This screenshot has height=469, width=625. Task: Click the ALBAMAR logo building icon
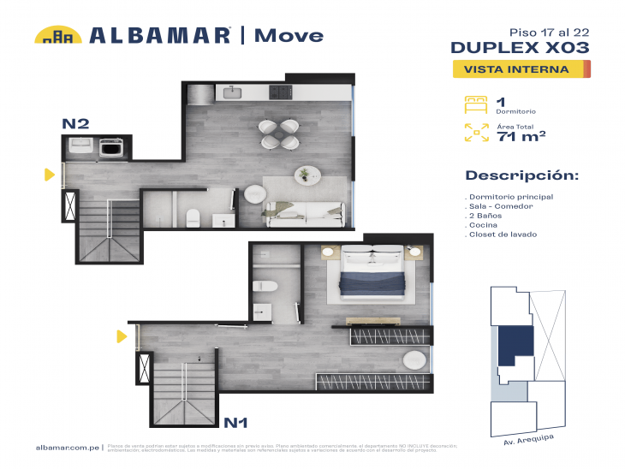coord(58,35)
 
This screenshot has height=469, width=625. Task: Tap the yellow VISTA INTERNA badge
coord(521,69)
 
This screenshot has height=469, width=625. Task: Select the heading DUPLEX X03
coord(519,47)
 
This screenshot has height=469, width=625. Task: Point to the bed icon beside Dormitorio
coord(475,104)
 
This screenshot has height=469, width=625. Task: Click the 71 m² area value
coord(521,135)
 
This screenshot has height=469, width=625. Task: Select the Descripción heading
coord(521,175)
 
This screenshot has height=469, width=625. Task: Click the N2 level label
coord(75,123)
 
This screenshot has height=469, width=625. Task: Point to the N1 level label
coord(236,422)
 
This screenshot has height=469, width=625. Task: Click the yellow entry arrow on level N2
coord(50,175)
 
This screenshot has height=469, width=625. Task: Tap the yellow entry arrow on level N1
coord(122,336)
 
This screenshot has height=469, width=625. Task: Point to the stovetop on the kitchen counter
coord(280,92)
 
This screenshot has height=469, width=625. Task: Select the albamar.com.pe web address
coord(68,448)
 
